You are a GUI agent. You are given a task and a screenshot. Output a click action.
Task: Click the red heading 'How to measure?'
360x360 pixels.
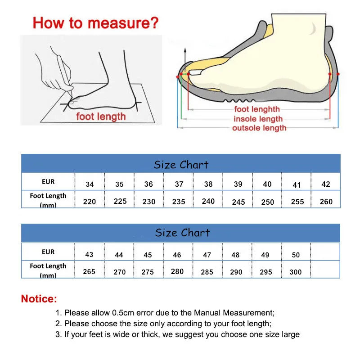[x=96, y=22]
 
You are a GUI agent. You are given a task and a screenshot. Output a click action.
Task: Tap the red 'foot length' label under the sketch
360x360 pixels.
[x=101, y=117]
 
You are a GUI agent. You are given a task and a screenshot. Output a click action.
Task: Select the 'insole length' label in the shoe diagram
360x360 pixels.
[x=258, y=119]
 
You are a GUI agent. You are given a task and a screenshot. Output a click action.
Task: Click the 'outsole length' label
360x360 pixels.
[x=259, y=128]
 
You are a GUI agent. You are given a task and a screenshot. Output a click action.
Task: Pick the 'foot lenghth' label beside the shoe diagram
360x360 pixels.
[x=257, y=109]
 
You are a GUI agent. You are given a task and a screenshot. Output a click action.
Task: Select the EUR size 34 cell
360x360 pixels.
[x=90, y=184]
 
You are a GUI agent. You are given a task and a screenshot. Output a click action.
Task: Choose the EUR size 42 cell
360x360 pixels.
[x=326, y=184]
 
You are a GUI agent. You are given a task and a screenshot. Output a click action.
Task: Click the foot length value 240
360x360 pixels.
[x=208, y=201]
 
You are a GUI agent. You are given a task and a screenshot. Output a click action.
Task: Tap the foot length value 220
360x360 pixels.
[x=90, y=202]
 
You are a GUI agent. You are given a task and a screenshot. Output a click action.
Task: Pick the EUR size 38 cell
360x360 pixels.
[x=208, y=184]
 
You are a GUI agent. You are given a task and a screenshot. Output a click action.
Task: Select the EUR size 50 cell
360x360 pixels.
[x=296, y=255]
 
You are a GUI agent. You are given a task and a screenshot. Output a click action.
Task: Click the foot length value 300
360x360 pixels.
[x=296, y=272]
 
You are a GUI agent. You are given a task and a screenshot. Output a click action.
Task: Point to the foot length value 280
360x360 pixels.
[x=177, y=271]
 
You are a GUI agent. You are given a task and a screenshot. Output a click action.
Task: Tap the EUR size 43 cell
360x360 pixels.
[x=89, y=254]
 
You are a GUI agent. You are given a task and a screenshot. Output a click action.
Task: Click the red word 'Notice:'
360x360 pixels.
[x=39, y=299]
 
